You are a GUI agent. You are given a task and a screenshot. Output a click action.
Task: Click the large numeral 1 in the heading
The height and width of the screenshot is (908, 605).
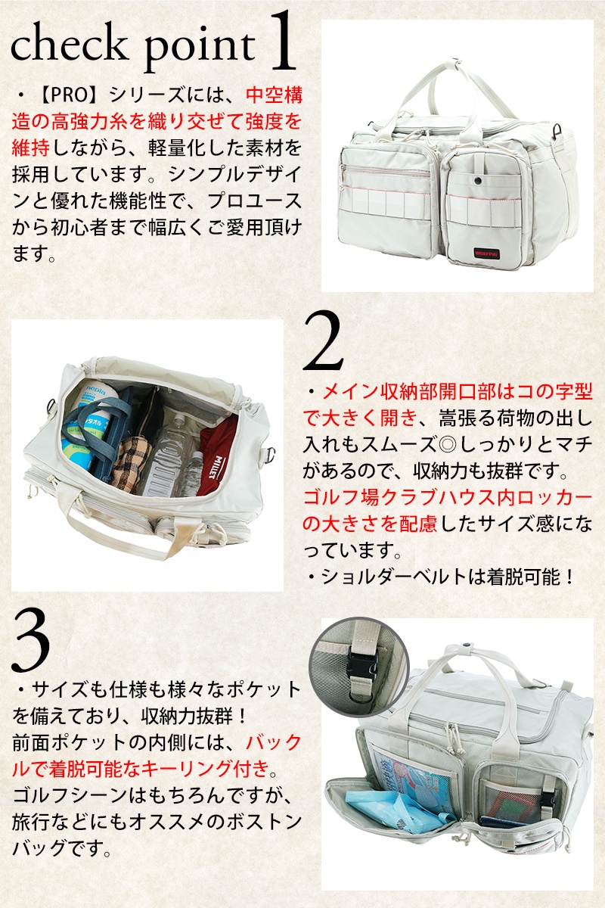(283, 41)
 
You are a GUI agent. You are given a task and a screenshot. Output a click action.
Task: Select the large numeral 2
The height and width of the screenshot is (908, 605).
(324, 340)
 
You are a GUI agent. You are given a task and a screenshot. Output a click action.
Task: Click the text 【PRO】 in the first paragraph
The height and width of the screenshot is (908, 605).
(70, 95)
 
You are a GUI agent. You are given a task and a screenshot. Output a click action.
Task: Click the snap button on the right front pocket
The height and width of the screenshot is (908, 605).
(479, 179)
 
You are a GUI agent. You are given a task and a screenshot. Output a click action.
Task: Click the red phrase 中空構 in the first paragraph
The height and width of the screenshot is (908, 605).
(274, 96)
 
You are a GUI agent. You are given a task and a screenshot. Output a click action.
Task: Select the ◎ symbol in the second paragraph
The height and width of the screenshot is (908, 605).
(446, 446)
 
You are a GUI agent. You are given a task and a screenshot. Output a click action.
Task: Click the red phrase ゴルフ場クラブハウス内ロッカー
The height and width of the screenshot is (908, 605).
(448, 498)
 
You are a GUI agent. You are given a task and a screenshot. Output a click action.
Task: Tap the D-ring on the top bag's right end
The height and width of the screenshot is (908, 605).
(558, 130)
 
